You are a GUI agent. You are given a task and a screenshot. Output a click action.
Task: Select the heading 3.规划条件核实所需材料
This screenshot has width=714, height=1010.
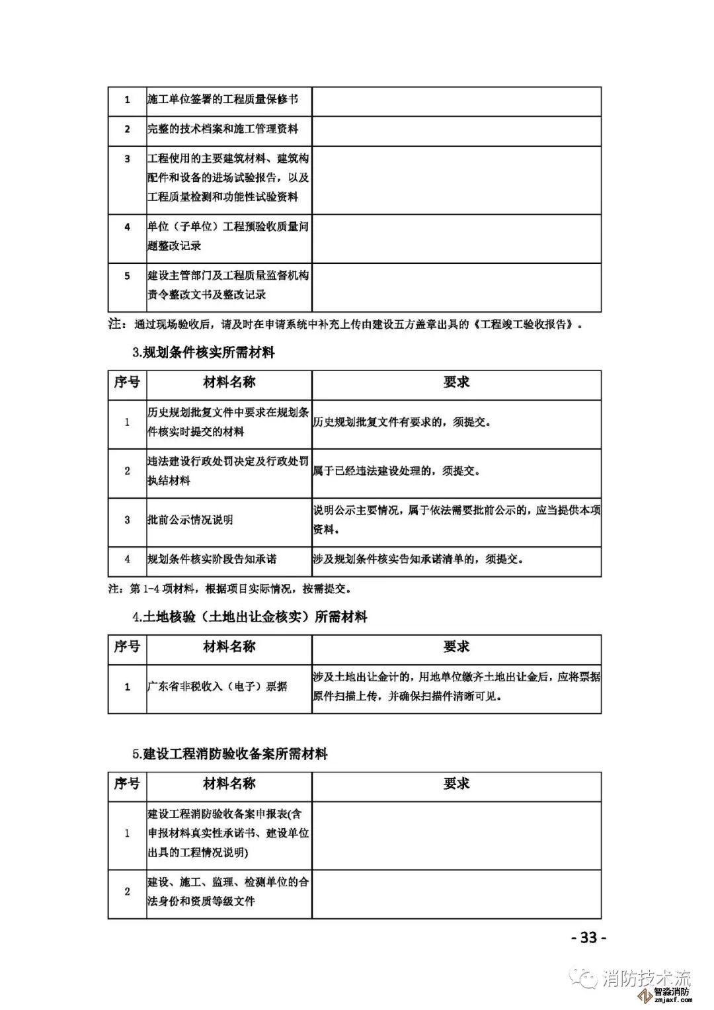click(x=204, y=353)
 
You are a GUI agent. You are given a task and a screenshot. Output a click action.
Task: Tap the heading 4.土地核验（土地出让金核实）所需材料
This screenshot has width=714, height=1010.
click(x=250, y=617)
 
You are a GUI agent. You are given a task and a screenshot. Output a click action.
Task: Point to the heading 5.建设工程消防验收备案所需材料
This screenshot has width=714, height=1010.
click(x=230, y=754)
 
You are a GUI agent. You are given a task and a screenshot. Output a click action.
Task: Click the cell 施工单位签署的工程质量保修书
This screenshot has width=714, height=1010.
click(x=223, y=100)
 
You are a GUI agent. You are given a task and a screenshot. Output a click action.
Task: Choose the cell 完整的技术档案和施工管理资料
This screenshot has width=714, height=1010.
click(x=223, y=129)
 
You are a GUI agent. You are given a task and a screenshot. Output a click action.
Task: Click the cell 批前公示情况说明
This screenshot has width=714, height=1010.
click(x=190, y=520)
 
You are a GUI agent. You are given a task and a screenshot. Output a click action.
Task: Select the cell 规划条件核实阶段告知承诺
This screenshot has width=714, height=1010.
click(x=212, y=559)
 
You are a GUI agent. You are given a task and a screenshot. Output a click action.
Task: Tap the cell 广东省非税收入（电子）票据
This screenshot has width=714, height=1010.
click(x=218, y=687)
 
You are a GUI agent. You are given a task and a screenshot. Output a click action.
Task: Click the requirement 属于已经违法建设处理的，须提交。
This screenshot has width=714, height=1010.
click(x=397, y=471)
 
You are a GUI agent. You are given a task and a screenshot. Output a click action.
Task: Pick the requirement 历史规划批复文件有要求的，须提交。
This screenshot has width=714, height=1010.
click(x=402, y=422)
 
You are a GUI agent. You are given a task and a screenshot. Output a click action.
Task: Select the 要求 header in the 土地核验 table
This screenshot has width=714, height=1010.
click(x=456, y=647)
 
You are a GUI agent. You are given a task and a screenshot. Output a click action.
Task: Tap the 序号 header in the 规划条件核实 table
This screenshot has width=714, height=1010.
click(x=127, y=382)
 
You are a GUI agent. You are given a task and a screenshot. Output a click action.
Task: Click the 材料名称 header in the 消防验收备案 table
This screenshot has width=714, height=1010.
click(x=229, y=784)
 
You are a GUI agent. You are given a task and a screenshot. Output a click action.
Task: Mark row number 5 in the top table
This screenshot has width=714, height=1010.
click(x=128, y=276)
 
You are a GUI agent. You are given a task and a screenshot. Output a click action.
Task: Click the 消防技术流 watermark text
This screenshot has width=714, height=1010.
click(x=647, y=978)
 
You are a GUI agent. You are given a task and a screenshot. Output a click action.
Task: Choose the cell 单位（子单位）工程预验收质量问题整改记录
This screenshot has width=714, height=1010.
click(x=228, y=236)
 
